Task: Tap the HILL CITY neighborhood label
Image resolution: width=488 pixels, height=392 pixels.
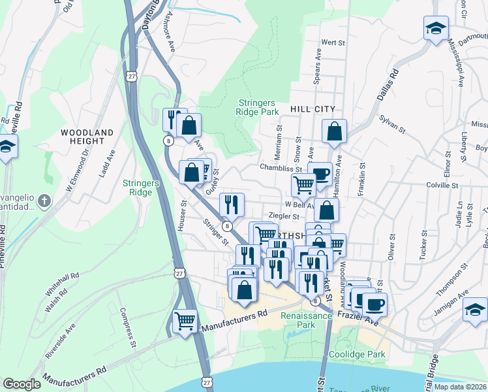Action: [313, 110]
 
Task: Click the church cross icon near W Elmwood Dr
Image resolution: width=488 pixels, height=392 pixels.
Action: [43, 201]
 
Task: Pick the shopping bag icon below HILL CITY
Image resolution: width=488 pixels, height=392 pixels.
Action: [334, 131]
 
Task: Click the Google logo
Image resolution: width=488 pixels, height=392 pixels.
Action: [22, 384]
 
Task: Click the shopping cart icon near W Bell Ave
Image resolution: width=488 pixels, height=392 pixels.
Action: [303, 185]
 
